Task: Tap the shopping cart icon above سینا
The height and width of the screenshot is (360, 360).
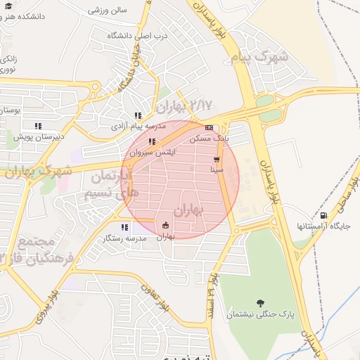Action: point(217,159)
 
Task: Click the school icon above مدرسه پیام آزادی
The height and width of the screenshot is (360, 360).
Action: point(138,115)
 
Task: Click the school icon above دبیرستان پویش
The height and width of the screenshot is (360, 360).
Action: point(38,126)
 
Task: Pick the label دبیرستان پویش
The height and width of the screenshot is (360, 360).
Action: point(41,136)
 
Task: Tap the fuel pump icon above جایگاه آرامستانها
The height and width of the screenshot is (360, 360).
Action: point(323,215)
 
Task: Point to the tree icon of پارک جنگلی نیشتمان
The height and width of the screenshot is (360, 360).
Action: point(261,303)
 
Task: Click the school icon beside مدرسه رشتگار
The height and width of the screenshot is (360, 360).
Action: point(124,227)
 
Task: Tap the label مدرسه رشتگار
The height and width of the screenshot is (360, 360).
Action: point(124,238)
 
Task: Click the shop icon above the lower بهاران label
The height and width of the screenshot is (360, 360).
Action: point(165,226)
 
